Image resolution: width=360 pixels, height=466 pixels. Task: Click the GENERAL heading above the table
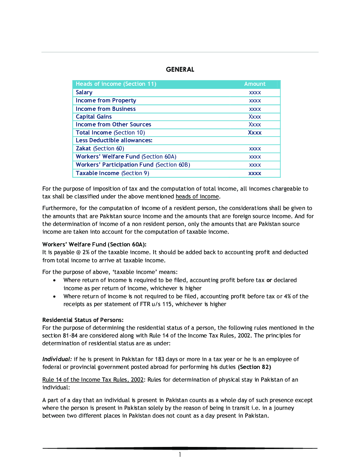point(180,70)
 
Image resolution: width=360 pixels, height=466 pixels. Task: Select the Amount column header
point(254,84)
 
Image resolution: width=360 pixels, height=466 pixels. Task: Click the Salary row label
point(84,92)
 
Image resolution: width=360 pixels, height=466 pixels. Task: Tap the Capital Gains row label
point(94,117)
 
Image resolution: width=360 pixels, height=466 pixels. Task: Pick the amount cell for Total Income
point(254,133)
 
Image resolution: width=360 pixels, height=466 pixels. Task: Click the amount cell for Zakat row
point(254,149)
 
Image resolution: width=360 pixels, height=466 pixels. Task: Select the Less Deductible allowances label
point(114,141)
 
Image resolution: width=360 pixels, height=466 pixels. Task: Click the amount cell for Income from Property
point(254,101)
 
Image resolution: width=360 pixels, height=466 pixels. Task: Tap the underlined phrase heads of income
point(197,197)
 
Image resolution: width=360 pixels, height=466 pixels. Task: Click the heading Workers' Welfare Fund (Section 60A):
point(94,244)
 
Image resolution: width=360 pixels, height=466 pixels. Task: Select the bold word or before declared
point(269,280)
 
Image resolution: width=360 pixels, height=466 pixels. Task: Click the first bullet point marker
point(54,280)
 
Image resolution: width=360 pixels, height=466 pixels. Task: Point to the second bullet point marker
point(54,297)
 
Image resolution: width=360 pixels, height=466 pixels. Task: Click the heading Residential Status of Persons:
point(83,320)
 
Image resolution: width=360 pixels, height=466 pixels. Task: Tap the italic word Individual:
point(57,359)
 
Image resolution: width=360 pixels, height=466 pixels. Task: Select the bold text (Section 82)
point(254,367)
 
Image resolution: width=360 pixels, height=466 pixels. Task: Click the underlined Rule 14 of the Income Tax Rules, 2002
point(93,380)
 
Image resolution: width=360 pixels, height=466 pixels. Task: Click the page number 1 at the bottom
point(180,455)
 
